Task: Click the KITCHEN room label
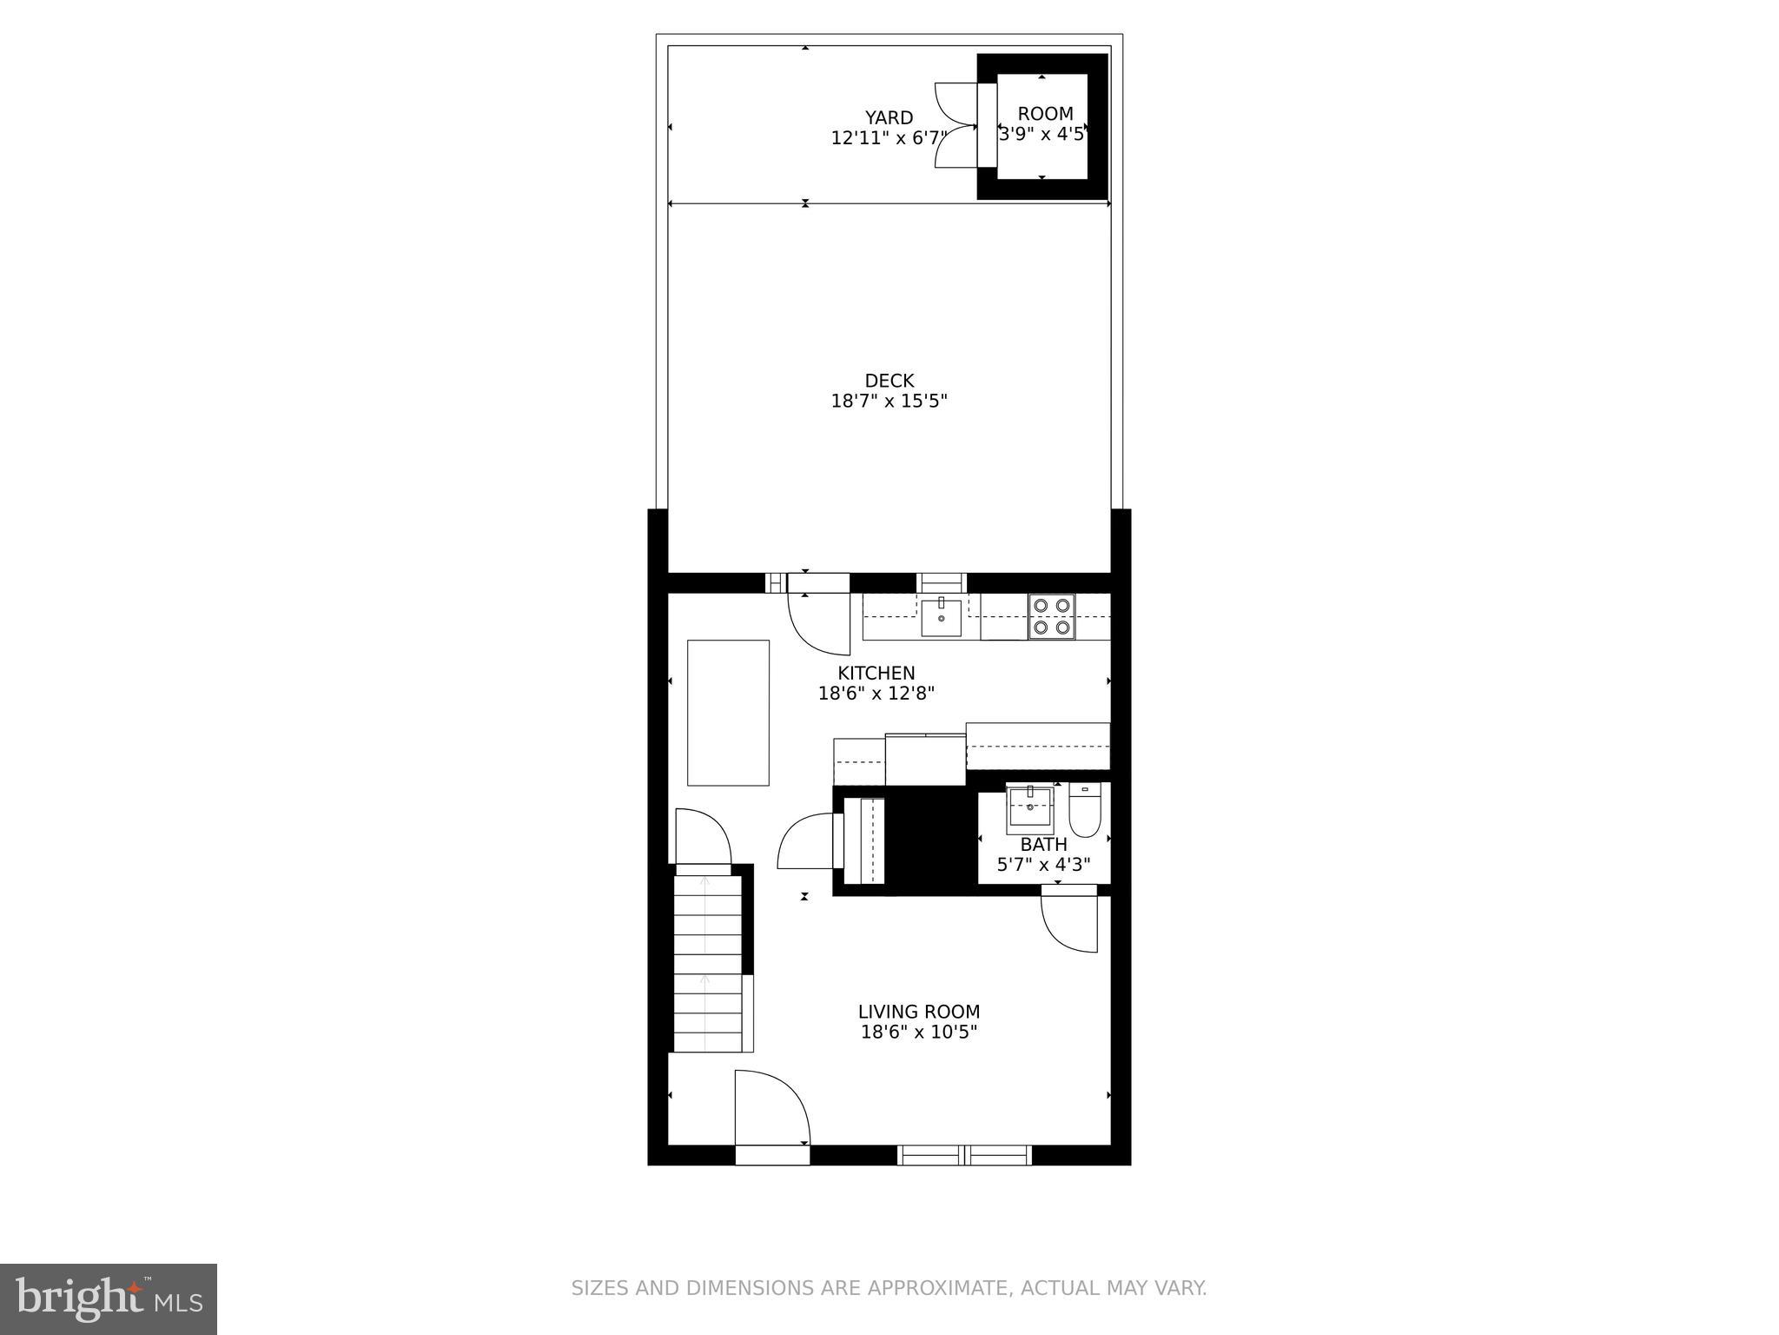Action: (876, 673)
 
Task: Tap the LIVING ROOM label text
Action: (918, 1012)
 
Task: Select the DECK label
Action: (889, 381)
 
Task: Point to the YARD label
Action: (889, 117)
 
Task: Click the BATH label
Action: (1043, 845)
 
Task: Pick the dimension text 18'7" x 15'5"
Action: (889, 402)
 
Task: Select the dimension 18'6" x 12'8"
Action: (876, 694)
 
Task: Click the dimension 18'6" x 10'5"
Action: (918, 1033)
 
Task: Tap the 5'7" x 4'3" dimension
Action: (1043, 866)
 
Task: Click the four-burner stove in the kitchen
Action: (1051, 616)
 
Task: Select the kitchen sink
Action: (941, 617)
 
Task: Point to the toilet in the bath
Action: (1085, 810)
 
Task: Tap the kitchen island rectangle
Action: (728, 713)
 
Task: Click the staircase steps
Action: (708, 965)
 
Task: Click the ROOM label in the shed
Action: (1045, 114)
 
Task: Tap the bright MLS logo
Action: (109, 1298)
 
